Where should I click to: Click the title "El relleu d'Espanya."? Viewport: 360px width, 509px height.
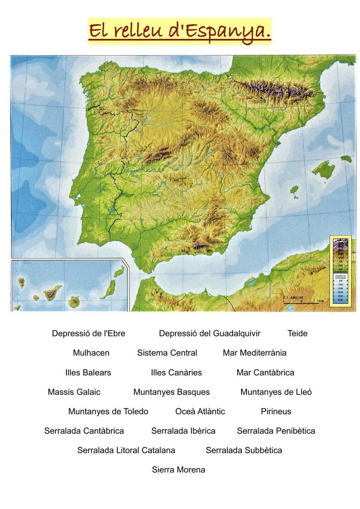(x=180, y=31)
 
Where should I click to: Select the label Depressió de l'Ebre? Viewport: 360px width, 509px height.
(x=89, y=333)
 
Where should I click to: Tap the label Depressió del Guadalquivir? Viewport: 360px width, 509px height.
(x=210, y=333)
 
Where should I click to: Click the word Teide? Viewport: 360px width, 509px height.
(x=297, y=333)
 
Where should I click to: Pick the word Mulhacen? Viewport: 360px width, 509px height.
(x=91, y=353)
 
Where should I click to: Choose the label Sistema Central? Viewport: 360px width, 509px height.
(x=167, y=353)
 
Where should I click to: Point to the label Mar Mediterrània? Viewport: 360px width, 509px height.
(x=255, y=353)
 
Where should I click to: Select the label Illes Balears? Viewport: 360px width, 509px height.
(x=88, y=372)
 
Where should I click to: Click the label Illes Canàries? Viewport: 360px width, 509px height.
(x=176, y=372)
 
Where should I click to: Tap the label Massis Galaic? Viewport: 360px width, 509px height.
(x=74, y=392)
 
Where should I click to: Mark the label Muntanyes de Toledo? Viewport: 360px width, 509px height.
(x=108, y=411)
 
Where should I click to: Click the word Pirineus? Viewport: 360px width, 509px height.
(x=276, y=411)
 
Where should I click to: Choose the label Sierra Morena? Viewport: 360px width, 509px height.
(x=179, y=469)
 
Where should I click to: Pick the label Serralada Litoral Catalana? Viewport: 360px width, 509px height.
(x=126, y=450)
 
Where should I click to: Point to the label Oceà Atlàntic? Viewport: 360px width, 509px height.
(x=200, y=411)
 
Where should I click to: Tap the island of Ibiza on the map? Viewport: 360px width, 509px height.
(x=295, y=190)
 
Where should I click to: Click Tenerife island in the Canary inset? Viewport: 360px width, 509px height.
(x=49, y=295)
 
